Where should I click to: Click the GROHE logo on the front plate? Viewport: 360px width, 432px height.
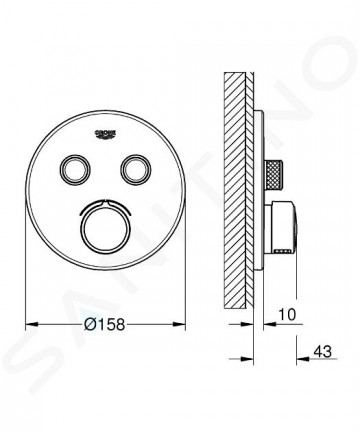(105, 134)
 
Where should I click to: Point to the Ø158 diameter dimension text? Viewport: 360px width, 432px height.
(104, 324)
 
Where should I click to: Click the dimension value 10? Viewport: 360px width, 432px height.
(287, 314)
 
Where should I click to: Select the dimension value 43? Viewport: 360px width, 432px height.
(323, 351)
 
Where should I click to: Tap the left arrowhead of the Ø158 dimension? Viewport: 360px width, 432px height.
(33, 324)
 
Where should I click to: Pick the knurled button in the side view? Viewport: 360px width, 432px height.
(274, 169)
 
